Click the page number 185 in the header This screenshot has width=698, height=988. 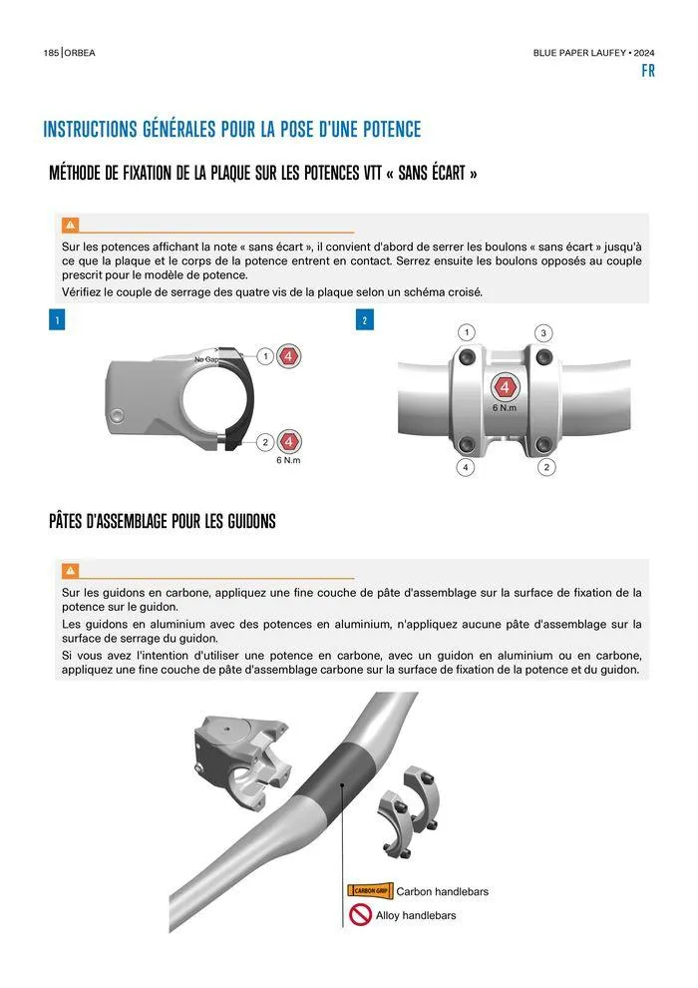click(51, 53)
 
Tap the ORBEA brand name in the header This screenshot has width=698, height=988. click(80, 53)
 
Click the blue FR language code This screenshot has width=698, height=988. click(648, 71)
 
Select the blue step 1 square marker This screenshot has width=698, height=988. click(57, 320)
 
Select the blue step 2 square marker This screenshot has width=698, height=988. click(364, 320)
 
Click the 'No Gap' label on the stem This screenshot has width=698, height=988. click(206, 359)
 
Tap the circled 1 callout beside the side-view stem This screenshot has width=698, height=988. click(265, 356)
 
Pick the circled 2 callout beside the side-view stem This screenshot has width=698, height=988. click(265, 442)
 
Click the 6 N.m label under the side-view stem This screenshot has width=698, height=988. click(288, 461)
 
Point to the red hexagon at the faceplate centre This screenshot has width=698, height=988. click(505, 387)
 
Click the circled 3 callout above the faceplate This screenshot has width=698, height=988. click(543, 332)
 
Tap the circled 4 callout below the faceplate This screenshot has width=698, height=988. click(465, 467)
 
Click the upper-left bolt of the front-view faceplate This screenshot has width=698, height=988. click(467, 357)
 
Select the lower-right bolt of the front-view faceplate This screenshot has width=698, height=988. click(543, 445)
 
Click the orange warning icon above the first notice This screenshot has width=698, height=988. click(70, 225)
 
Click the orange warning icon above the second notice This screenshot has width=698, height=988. click(70, 571)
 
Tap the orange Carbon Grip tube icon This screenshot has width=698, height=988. click(370, 891)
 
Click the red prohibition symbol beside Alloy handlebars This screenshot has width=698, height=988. click(361, 915)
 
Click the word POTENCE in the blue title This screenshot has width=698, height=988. click(392, 129)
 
